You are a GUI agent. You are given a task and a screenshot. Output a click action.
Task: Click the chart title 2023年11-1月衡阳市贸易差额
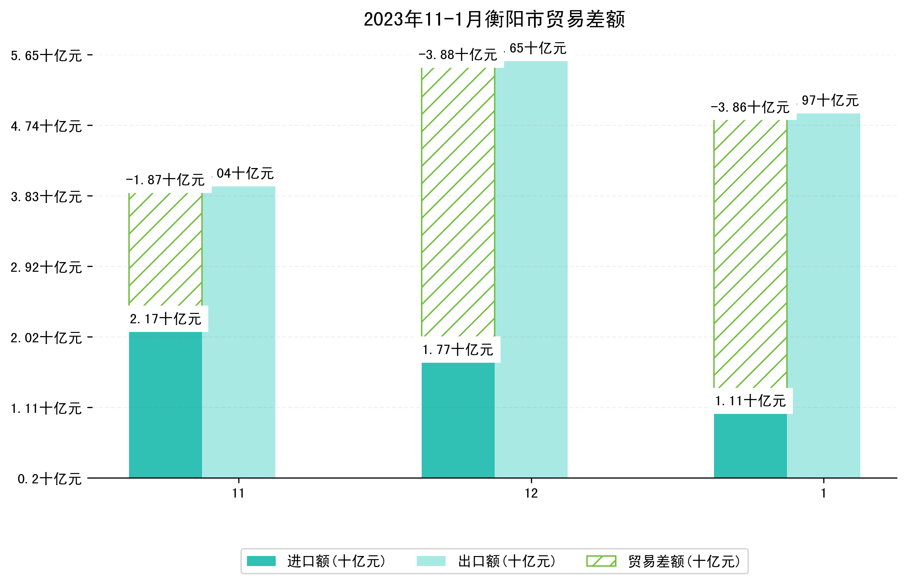(x=494, y=19)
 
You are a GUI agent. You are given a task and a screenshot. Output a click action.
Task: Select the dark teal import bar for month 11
(x=165, y=405)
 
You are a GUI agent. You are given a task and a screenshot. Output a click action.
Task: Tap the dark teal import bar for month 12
(x=458, y=420)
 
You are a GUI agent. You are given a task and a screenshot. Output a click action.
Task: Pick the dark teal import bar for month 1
(x=750, y=446)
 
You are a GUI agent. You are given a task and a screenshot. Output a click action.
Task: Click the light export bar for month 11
(x=239, y=332)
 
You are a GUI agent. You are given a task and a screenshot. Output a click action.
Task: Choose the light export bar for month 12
(x=531, y=269)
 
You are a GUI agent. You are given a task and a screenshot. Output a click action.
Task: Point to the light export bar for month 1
(x=823, y=295)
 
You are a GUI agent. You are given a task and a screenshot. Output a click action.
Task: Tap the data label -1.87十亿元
(x=165, y=180)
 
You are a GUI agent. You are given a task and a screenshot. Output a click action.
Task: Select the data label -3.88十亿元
(x=458, y=55)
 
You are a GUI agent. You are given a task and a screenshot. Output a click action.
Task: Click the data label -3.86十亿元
(x=750, y=107)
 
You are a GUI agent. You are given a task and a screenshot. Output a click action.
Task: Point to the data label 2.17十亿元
(x=165, y=319)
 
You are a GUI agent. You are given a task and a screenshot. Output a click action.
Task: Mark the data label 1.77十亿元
(x=458, y=350)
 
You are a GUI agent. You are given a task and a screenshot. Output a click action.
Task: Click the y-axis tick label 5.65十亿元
(x=46, y=56)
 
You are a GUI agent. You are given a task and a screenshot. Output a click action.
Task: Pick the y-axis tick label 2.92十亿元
(x=46, y=267)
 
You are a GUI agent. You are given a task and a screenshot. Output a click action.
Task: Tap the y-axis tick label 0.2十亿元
(x=49, y=479)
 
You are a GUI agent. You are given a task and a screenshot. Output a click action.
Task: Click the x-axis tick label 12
(x=531, y=493)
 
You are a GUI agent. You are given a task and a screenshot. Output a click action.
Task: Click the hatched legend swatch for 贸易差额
(x=601, y=561)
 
